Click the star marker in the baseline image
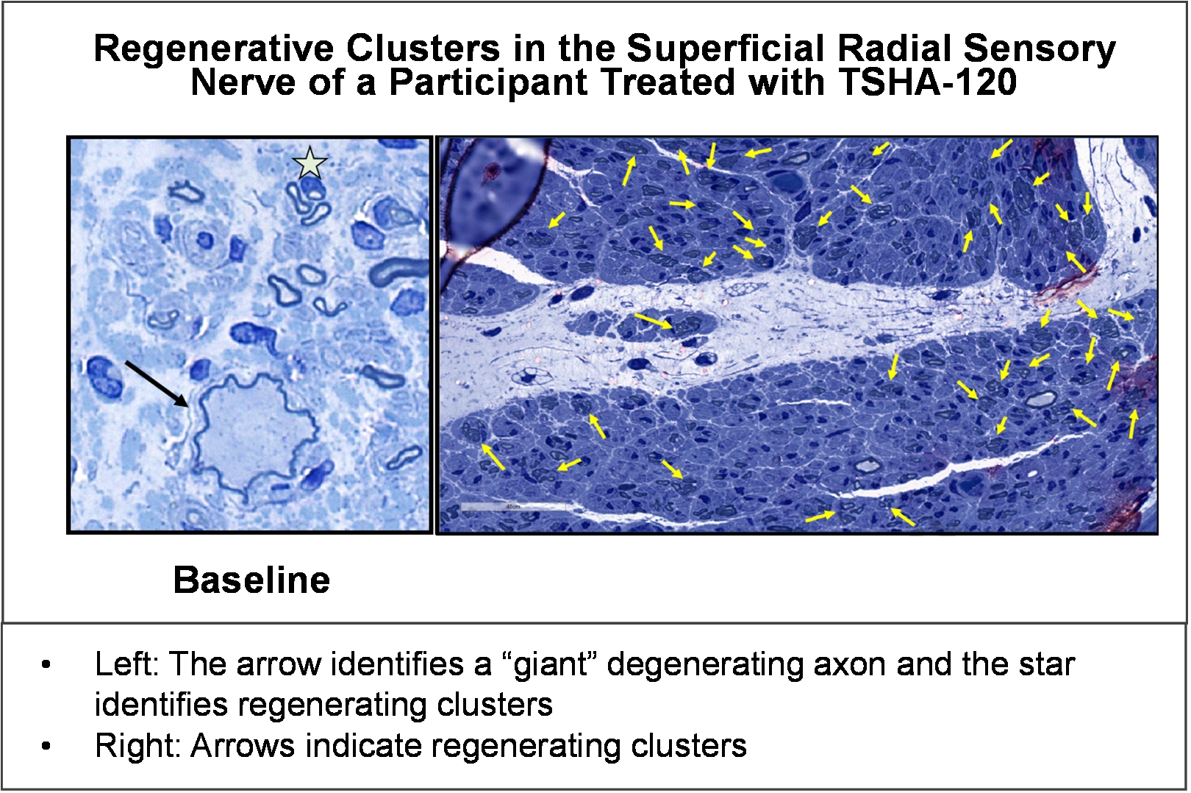tap(310, 163)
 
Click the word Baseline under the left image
tap(251, 580)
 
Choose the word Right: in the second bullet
tap(138, 746)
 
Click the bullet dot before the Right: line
tap(46, 747)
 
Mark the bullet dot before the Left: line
tap(46, 665)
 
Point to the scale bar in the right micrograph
tap(512, 507)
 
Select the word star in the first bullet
tap(1047, 666)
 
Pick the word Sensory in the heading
tap(1040, 49)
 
